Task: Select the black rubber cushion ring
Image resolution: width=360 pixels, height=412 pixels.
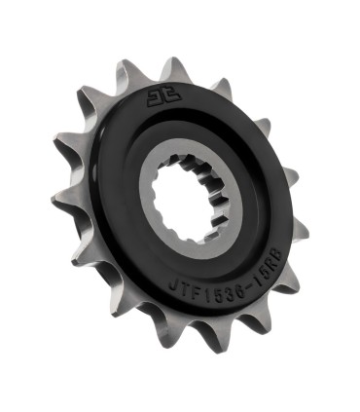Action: [107, 195]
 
